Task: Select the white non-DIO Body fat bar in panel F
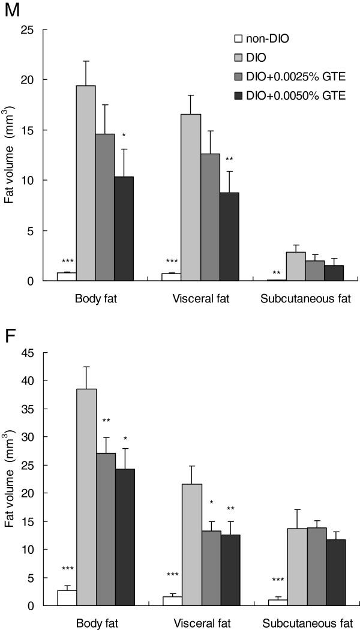pos(66,598)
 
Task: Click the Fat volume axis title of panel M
pos(10,155)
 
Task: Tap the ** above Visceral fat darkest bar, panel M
pos(229,158)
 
